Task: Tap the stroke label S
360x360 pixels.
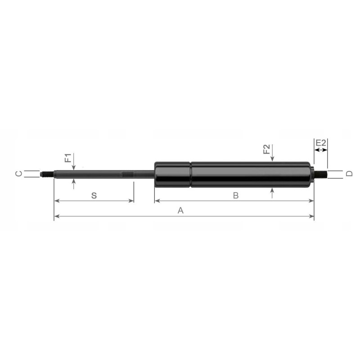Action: (x=94, y=195)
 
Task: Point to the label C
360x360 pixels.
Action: (x=18, y=174)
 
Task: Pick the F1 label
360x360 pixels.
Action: (x=67, y=158)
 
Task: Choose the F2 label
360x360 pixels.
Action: (x=266, y=150)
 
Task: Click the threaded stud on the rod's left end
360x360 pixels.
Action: (x=47, y=174)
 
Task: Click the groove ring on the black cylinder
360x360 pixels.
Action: (x=191, y=174)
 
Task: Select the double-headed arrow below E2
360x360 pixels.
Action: (x=321, y=150)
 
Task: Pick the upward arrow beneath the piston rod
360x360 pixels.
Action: (x=74, y=184)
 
